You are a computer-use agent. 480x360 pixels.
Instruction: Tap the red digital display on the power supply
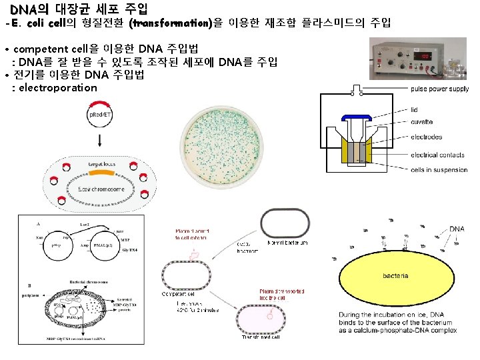tap(421, 57)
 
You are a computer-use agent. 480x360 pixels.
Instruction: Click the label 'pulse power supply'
tap(439, 89)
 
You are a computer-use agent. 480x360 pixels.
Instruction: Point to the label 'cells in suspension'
tap(439, 170)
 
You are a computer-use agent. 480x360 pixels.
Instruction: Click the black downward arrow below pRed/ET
tap(99, 141)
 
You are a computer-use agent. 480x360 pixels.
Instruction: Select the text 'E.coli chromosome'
tap(100, 189)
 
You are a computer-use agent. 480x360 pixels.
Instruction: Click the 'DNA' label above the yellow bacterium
tap(457, 229)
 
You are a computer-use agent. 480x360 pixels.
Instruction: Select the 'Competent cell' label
tap(179, 294)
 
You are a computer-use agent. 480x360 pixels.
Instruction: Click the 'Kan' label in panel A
tap(40, 237)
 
